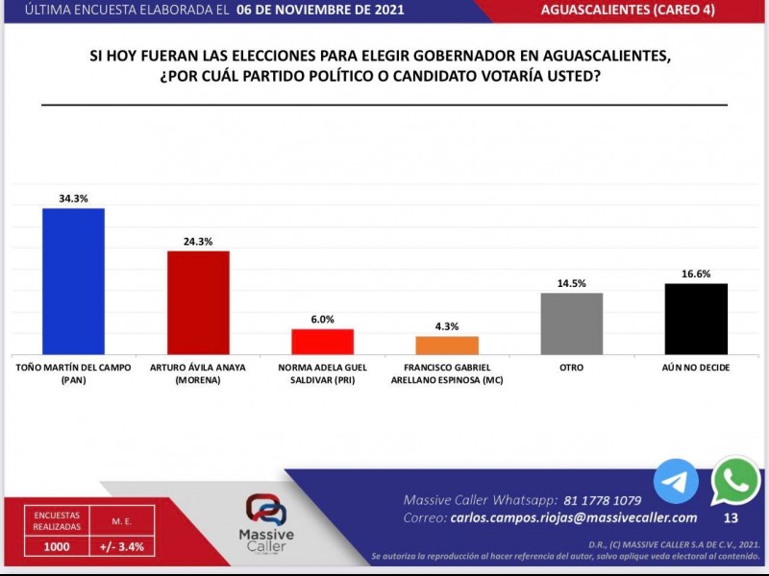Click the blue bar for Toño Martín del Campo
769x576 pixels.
point(73,281)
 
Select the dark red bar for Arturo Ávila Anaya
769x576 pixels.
point(198,302)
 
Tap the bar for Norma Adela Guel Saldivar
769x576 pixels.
point(322,342)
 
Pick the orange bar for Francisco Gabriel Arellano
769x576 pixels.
point(447,346)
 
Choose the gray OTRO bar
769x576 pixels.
point(571,324)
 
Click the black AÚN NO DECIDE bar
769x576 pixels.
point(696,319)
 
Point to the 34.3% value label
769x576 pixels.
point(73,199)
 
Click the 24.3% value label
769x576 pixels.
point(198,241)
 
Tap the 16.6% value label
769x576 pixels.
point(696,274)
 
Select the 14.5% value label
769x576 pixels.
point(571,283)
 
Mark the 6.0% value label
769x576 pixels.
point(322,320)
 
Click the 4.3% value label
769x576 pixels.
point(447,326)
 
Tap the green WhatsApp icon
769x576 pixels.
point(735,481)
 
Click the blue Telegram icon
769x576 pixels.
point(676,481)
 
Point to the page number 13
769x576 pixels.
point(731,518)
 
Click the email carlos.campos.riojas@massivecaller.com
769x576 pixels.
point(575,517)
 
